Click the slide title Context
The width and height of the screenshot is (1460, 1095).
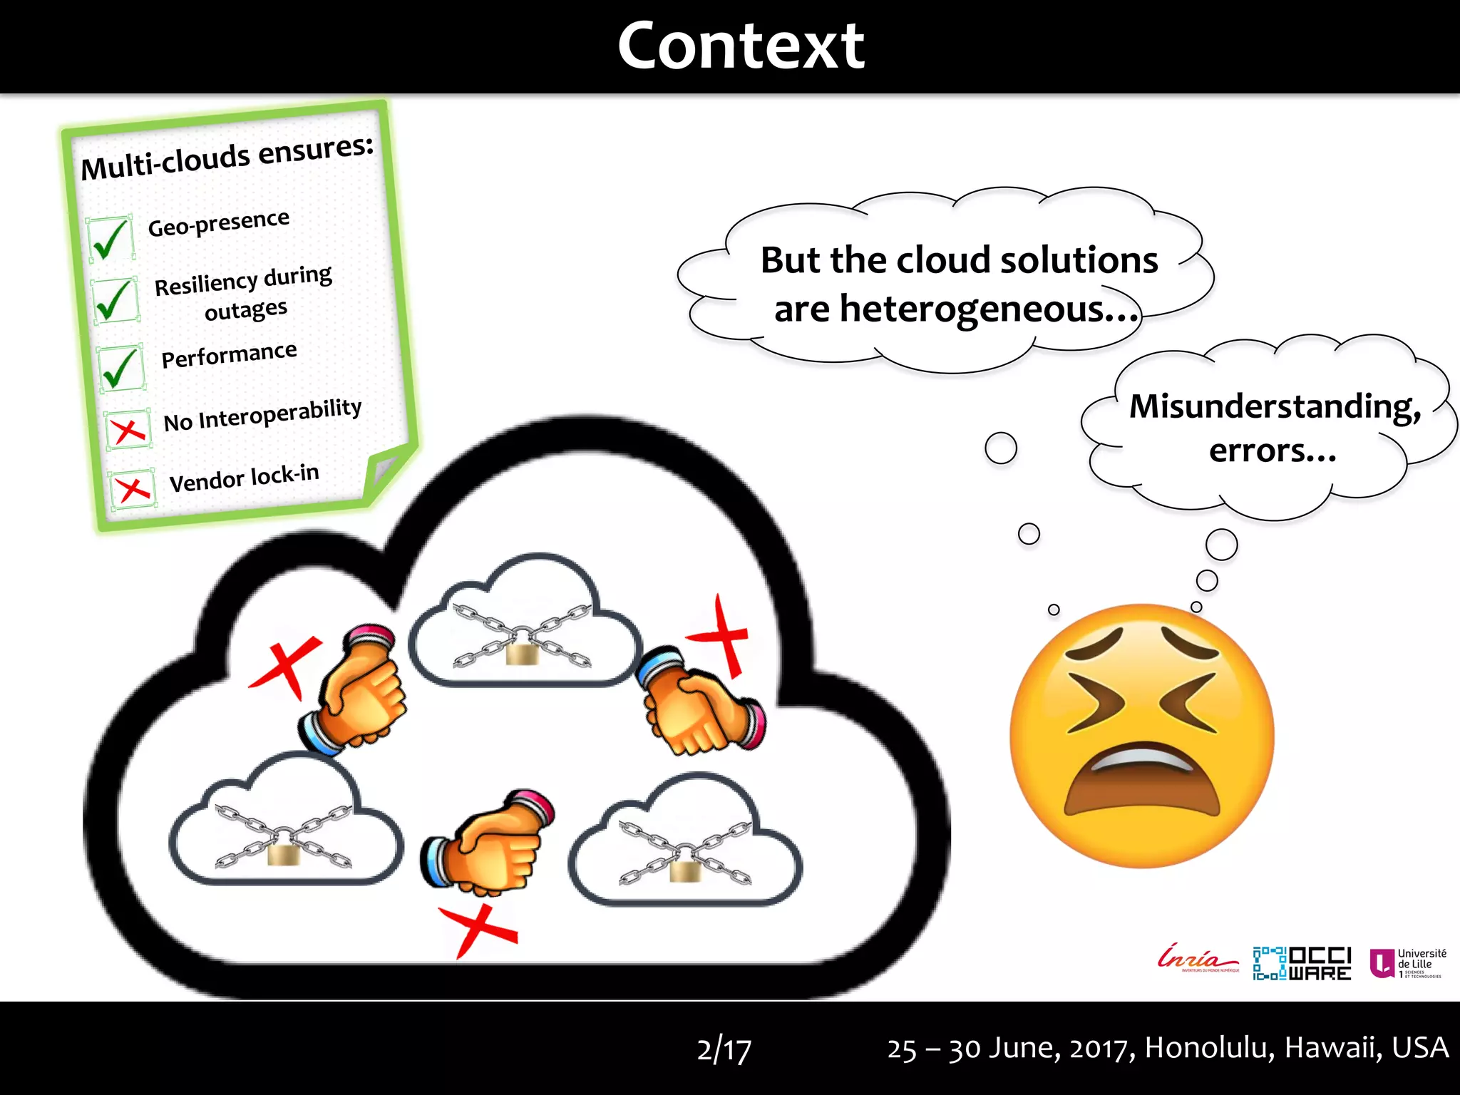coord(741,46)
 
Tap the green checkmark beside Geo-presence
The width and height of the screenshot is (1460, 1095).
coord(110,240)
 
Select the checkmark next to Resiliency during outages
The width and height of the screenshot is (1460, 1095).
coord(115,300)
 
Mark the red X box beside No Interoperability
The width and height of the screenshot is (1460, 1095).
coord(128,429)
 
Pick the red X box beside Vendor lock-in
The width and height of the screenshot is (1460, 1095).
coord(133,489)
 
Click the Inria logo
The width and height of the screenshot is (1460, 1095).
coord(1198,960)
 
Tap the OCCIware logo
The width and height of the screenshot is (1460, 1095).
coord(1302,963)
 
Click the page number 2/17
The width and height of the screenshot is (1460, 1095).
coord(724,1049)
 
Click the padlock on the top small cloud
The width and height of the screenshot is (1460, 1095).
coord(523,652)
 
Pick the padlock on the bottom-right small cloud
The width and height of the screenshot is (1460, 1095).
coord(687,868)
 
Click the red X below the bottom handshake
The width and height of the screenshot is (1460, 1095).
coord(477,929)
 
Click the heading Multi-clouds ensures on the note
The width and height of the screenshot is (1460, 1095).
coord(227,158)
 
